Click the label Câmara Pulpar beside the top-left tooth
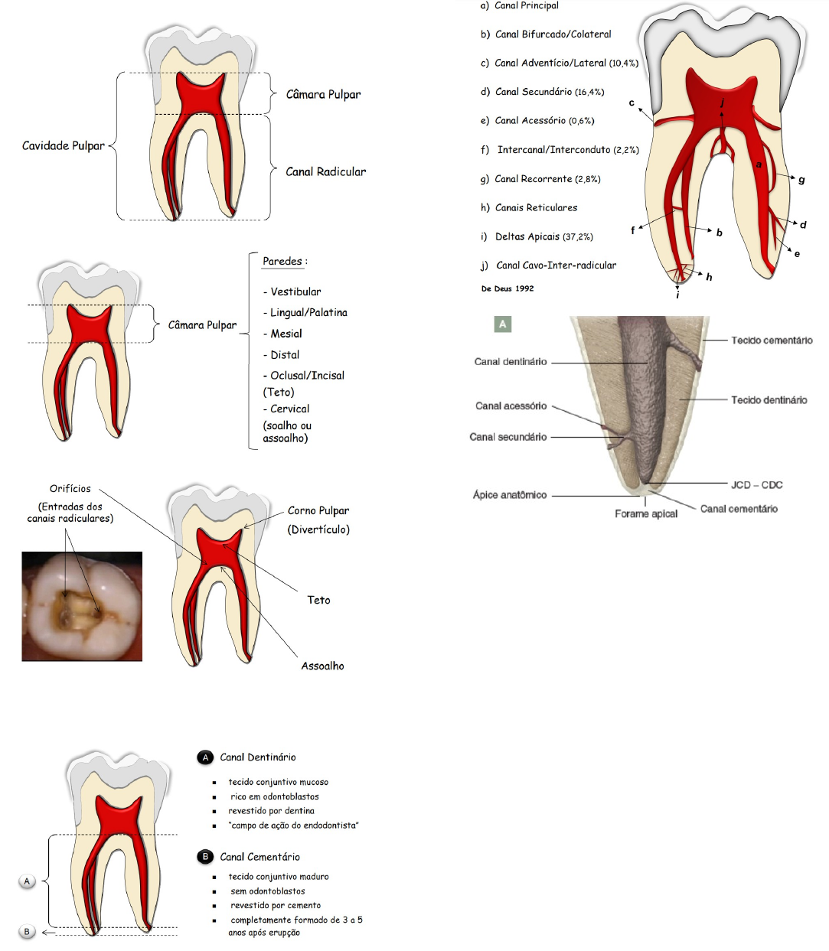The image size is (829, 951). tap(323, 94)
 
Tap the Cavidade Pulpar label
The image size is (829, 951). tap(63, 145)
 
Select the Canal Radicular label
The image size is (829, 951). tap(325, 171)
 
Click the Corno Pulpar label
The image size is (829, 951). tap(318, 510)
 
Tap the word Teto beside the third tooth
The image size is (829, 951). tap(318, 600)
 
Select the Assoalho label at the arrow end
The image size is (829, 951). tap(322, 666)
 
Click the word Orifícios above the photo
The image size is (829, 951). tap(70, 488)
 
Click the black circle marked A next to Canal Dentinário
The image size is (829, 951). tap(205, 757)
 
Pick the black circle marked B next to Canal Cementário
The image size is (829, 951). tap(205, 857)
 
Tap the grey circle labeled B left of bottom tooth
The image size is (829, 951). tap(27, 931)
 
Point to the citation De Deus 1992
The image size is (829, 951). tap(508, 288)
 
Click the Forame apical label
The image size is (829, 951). tap(646, 513)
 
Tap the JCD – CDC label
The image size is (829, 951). tap(756, 484)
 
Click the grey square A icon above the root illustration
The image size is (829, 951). tap(502, 324)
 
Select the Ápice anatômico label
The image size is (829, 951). tap(510, 495)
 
